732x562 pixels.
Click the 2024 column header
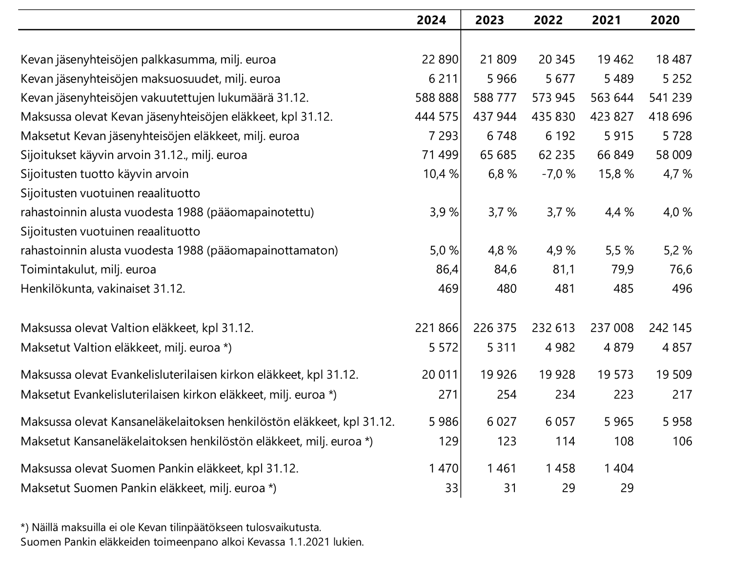(431, 20)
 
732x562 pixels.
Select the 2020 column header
(665, 20)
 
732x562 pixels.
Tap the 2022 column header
(548, 20)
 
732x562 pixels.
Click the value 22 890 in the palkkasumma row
(440, 60)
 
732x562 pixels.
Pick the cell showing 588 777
(495, 98)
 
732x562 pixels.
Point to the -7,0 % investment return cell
(559, 174)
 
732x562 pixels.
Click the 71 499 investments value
(440, 155)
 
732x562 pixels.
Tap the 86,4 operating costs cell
(447, 270)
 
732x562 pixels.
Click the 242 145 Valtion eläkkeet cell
(671, 328)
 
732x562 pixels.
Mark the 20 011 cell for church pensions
(440, 375)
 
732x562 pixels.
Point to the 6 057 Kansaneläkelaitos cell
(560, 422)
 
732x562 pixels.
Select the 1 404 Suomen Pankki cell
(619, 468)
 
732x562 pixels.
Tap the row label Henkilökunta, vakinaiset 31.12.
(103, 289)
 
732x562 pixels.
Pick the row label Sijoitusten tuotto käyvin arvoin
(104, 174)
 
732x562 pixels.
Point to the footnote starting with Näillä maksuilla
(171, 527)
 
